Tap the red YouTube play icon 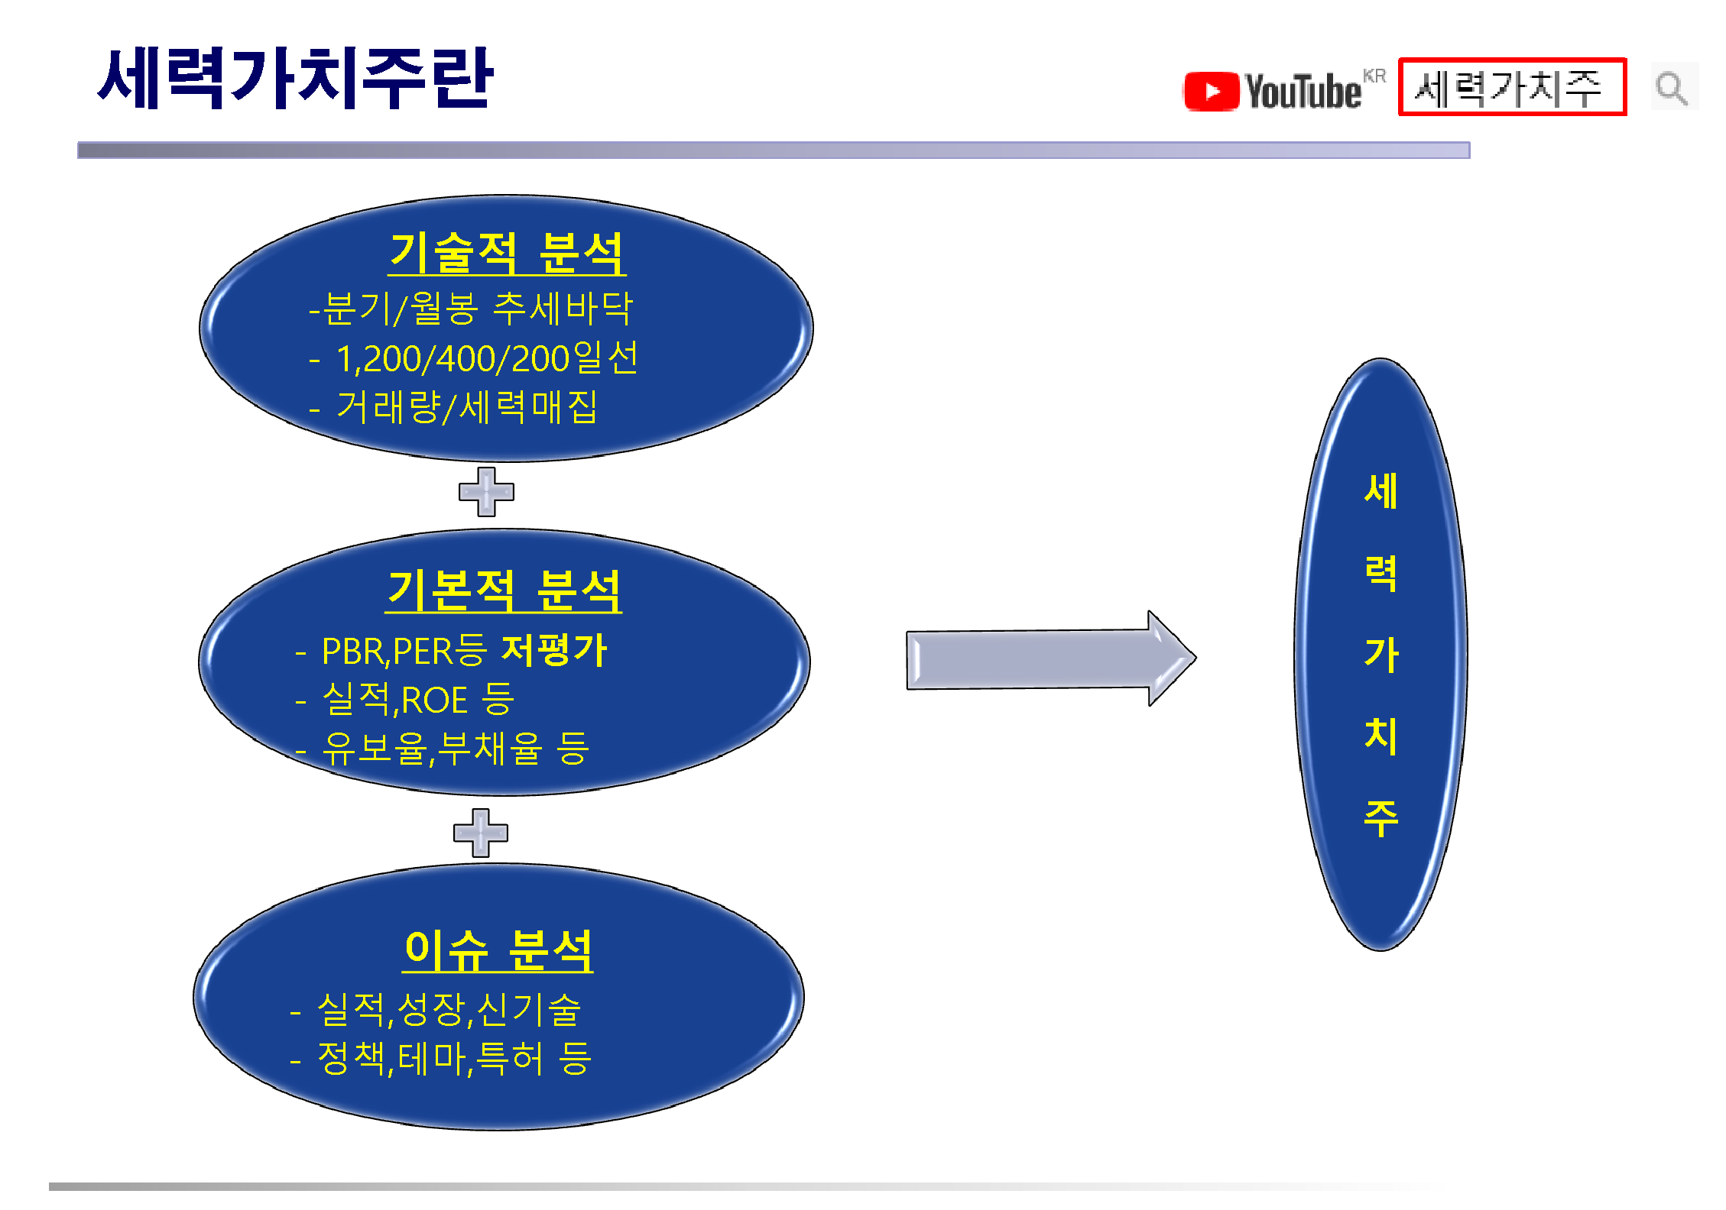pyautogui.click(x=1211, y=92)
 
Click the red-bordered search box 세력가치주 pyautogui.click(x=1512, y=87)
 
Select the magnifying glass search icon pyautogui.click(x=1672, y=88)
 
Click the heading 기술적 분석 pyautogui.click(x=507, y=253)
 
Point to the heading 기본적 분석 pyautogui.click(x=504, y=590)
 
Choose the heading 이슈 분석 pyautogui.click(x=498, y=951)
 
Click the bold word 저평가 pyautogui.click(x=553, y=651)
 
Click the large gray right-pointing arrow pyautogui.click(x=1051, y=658)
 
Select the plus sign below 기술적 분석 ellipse pyautogui.click(x=486, y=492)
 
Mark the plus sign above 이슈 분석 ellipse pyautogui.click(x=481, y=833)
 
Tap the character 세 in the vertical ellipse pyautogui.click(x=1381, y=490)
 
